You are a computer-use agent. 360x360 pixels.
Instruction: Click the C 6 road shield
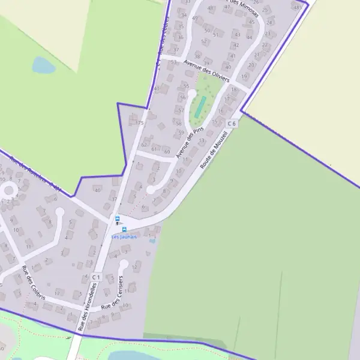click(232, 123)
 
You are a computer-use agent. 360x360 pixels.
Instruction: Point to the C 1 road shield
click(96, 277)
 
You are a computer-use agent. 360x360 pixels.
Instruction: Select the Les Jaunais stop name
click(124, 237)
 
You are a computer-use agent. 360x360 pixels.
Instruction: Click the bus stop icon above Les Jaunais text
click(124, 229)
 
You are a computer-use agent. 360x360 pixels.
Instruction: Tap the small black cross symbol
click(117, 223)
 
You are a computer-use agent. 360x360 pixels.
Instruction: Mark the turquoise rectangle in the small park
click(200, 107)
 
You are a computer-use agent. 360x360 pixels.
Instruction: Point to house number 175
click(139, 122)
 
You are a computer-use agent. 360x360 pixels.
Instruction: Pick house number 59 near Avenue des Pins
click(181, 133)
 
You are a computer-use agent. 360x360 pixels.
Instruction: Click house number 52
click(204, 41)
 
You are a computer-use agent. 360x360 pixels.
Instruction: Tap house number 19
click(244, 77)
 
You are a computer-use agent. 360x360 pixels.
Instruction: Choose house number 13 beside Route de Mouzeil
click(202, 140)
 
